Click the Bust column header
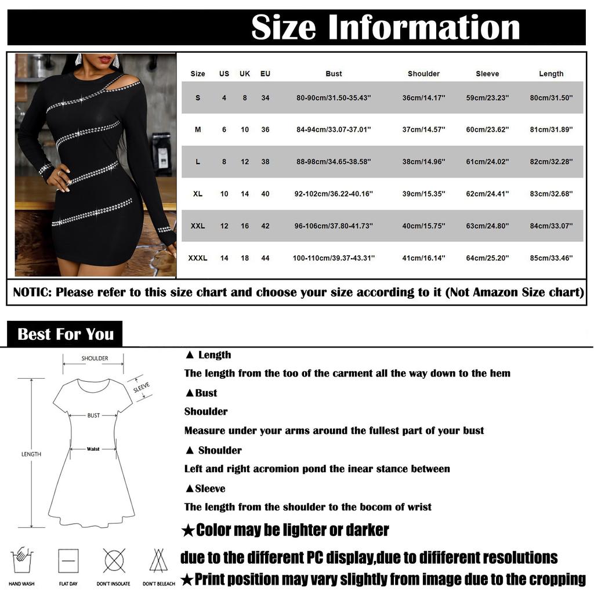[334, 74]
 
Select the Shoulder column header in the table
[423, 74]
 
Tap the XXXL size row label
[198, 258]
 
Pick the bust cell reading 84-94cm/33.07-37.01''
[334, 130]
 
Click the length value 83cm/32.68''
[551, 194]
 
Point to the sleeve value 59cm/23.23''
[487, 98]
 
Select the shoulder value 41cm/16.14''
[423, 258]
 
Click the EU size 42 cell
[265, 226]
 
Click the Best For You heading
[66, 334]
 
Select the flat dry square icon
[68, 560]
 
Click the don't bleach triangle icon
[158, 560]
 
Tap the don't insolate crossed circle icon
[114, 560]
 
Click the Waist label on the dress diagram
[93, 449]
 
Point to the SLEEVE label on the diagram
[141, 387]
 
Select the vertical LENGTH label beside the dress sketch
[31, 454]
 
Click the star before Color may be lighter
[187, 530]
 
